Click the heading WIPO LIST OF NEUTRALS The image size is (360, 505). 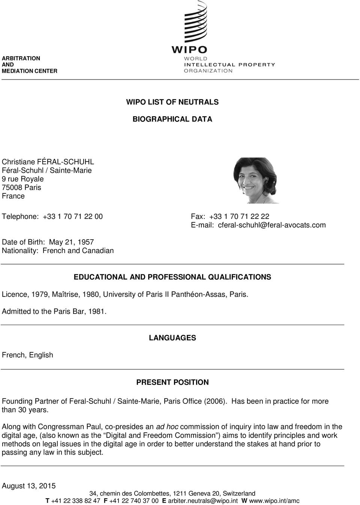(x=172, y=102)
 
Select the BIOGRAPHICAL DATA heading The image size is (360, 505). (x=172, y=119)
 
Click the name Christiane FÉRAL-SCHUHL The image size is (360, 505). (x=48, y=162)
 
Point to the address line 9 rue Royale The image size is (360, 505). (x=22, y=179)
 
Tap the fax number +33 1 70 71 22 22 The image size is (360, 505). (x=239, y=217)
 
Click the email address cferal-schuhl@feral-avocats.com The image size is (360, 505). (x=272, y=225)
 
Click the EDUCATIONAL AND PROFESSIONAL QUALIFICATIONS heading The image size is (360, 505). (x=172, y=277)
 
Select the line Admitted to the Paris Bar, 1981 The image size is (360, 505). (x=54, y=311)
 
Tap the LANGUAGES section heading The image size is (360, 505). (x=172, y=338)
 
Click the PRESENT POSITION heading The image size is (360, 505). (x=172, y=382)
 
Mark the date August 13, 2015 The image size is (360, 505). (x=29, y=486)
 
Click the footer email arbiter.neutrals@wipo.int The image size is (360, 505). (x=203, y=501)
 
